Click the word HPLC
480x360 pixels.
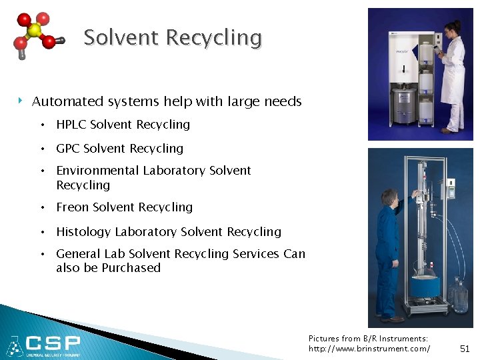click(x=71, y=125)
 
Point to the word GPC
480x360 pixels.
click(x=68, y=149)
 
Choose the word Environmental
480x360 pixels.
click(x=97, y=171)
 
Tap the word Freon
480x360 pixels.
click(x=73, y=207)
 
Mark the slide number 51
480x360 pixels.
click(x=465, y=349)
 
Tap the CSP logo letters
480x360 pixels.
click(x=53, y=344)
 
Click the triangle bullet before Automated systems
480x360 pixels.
click(x=21, y=101)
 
